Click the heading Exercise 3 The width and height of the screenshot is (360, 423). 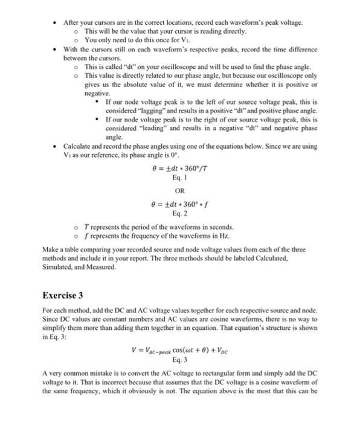tap(63, 295)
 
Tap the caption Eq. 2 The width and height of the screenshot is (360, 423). tap(179, 213)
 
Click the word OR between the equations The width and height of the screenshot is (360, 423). tap(179, 190)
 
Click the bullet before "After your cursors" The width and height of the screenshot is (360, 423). tap(55, 22)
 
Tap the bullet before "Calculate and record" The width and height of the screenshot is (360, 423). tap(55, 146)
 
